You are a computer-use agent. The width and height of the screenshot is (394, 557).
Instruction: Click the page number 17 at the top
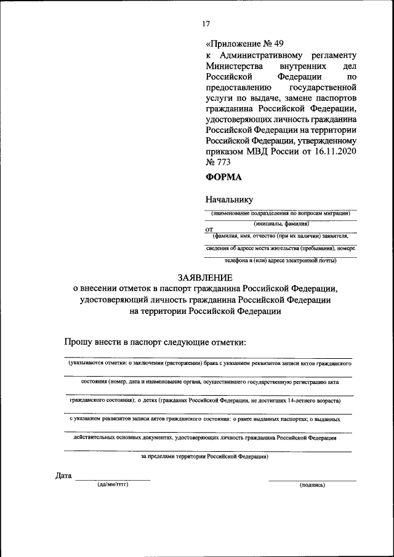pyautogui.click(x=206, y=24)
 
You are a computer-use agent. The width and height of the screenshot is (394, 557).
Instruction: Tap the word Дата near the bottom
pyautogui.click(x=63, y=476)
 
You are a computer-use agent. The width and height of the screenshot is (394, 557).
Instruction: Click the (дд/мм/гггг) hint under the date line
pyautogui.click(x=113, y=485)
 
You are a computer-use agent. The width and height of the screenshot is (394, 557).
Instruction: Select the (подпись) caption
pyautogui.click(x=312, y=485)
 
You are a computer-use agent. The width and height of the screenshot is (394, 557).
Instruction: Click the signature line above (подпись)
pyautogui.click(x=312, y=480)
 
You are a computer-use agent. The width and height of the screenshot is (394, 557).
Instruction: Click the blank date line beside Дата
pyautogui.click(x=113, y=479)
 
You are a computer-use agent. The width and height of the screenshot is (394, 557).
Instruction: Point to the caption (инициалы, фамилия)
pyautogui.click(x=281, y=225)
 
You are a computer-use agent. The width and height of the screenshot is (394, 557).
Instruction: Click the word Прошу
pyautogui.click(x=78, y=342)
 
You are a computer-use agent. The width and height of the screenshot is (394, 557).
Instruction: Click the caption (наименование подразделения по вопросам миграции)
pyautogui.click(x=281, y=213)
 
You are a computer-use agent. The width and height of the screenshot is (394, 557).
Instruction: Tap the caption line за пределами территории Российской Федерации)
pyautogui.click(x=204, y=457)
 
